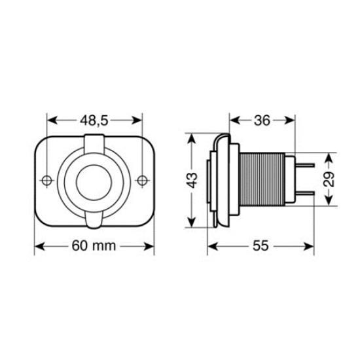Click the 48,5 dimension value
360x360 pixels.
click(94, 120)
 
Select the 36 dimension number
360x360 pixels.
click(262, 120)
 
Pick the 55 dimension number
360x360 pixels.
click(261, 246)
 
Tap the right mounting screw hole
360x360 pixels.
click(143, 180)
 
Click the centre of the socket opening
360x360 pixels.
click(94, 181)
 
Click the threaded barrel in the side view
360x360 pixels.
click(262, 181)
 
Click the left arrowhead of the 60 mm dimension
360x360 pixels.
click(38, 246)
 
